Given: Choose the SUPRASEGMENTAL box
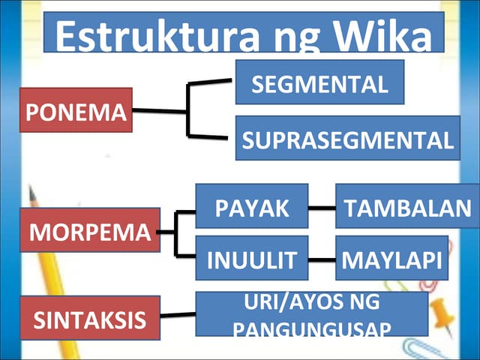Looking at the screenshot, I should pyautogui.click(x=347, y=138).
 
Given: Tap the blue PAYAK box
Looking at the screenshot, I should pyautogui.click(x=251, y=205).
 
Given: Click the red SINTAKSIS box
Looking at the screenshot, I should pyautogui.click(x=90, y=318).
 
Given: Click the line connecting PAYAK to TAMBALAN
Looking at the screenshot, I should pyautogui.click(x=321, y=207).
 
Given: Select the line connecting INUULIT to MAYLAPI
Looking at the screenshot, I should pyautogui.click(x=321, y=259).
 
